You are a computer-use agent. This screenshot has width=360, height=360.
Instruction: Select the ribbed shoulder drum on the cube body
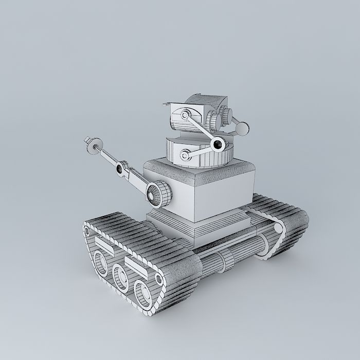[x=158, y=193]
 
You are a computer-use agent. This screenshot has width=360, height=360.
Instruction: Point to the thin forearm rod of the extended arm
[x=109, y=156]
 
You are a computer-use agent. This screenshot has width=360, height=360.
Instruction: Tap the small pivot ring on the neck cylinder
[x=185, y=153]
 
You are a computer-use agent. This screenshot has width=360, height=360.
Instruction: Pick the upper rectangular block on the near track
[x=103, y=242]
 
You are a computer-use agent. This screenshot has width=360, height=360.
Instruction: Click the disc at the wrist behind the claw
[x=97, y=147]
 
